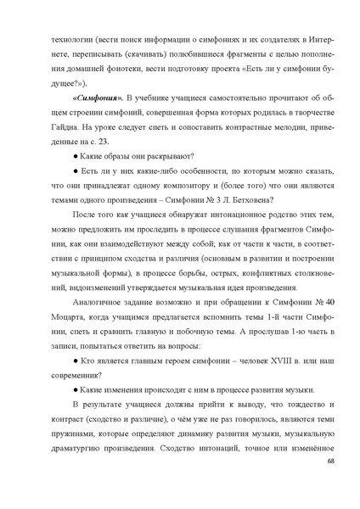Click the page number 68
pos(329,484)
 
